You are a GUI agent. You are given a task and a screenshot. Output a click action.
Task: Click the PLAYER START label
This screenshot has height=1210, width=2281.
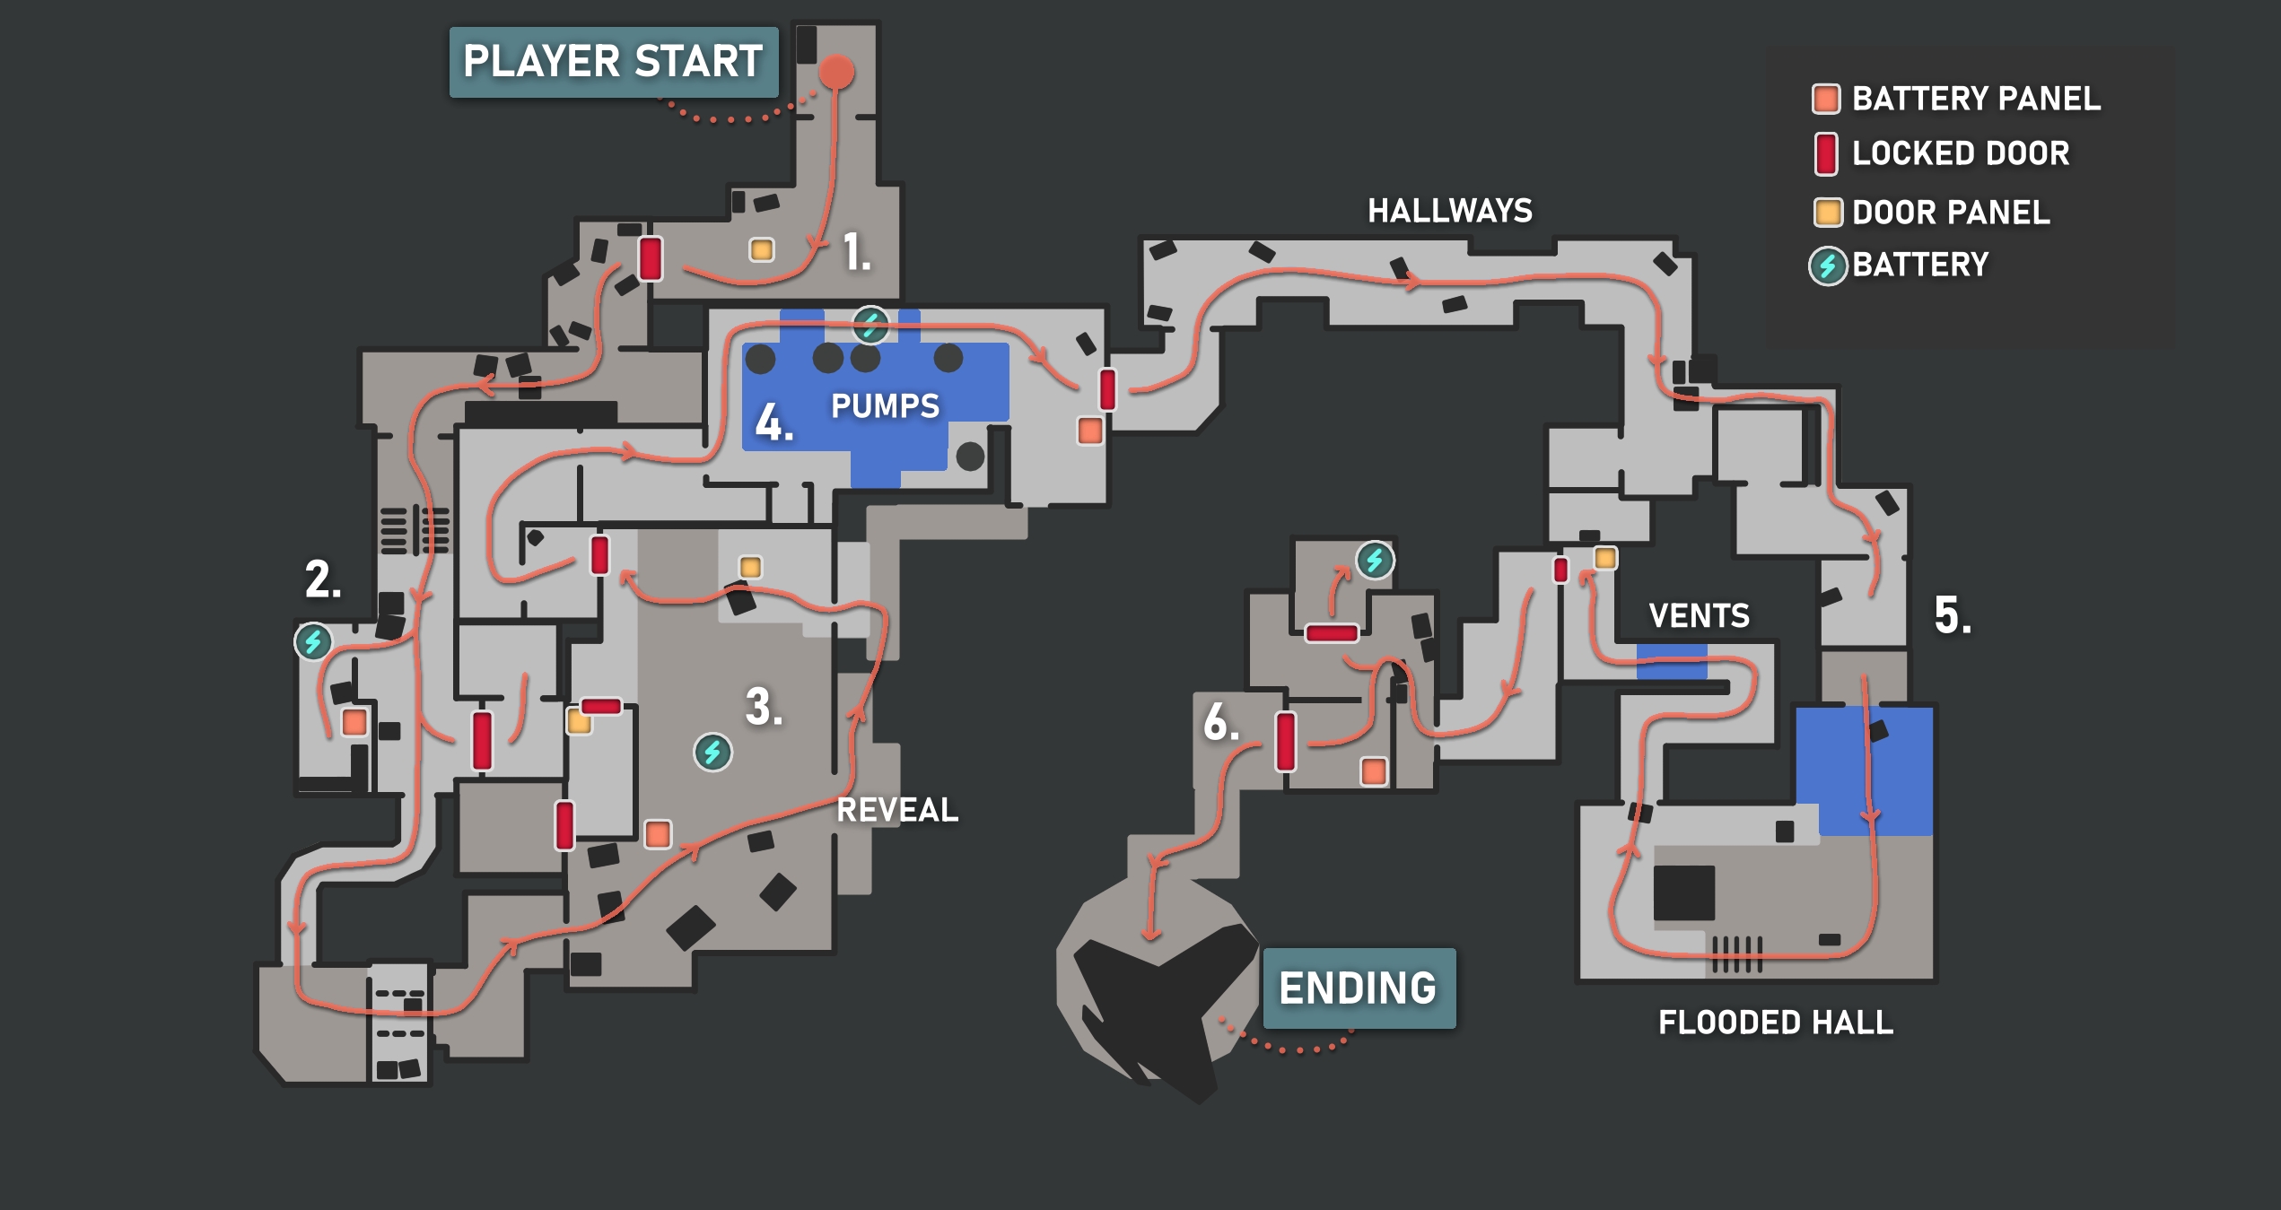(613, 62)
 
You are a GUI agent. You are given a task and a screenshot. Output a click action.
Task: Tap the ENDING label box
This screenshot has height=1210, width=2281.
(1358, 988)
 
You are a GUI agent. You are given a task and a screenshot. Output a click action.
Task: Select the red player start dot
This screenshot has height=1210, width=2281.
(836, 72)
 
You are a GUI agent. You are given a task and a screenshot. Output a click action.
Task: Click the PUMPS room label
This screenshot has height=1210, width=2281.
(885, 406)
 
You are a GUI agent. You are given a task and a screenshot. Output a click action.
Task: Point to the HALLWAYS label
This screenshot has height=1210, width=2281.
(1450, 211)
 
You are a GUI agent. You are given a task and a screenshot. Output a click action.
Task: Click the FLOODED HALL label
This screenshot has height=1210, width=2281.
(1775, 1023)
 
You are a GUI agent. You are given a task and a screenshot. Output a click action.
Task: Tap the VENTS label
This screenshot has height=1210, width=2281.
(1699, 615)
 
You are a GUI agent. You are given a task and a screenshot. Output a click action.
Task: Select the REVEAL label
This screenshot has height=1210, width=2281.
(897, 810)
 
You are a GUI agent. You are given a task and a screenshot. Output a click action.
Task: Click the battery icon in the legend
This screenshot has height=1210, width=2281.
(1827, 266)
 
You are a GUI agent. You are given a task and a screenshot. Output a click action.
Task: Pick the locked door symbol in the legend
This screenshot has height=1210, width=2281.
(1825, 154)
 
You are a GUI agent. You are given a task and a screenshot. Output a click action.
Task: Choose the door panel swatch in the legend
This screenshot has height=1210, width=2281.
(1827, 213)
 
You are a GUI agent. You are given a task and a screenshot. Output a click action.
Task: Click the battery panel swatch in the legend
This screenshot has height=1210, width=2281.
(1826, 99)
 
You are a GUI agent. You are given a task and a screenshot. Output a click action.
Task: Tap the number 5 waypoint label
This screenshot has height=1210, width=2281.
(1953, 615)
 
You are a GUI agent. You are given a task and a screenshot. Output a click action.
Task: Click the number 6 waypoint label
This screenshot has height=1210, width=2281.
(1220, 722)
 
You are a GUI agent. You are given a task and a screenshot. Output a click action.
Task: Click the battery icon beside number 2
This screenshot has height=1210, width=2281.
(313, 641)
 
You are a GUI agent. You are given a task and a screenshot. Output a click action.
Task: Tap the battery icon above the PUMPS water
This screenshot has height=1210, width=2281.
(870, 325)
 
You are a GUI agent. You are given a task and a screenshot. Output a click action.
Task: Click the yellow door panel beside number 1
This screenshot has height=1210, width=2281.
(762, 249)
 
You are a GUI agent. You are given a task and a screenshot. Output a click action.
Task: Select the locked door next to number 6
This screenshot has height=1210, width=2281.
(1286, 741)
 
